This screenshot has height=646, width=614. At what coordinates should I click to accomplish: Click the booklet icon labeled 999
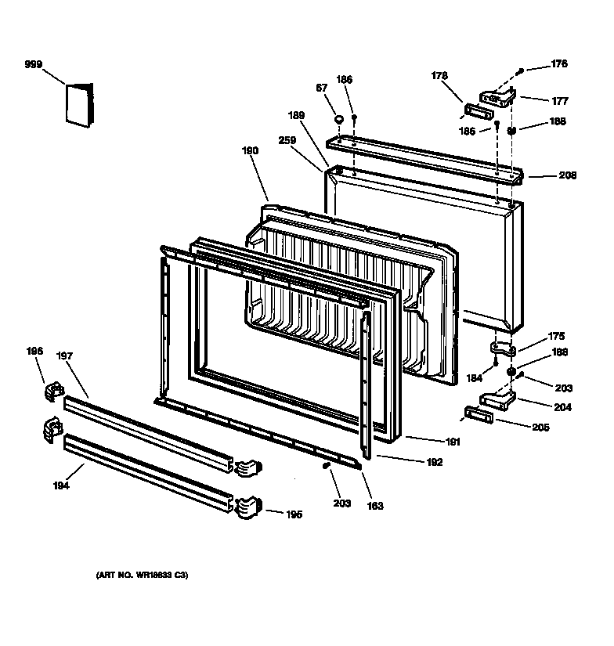[x=79, y=104]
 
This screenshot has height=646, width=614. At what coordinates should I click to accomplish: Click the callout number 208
[x=568, y=175]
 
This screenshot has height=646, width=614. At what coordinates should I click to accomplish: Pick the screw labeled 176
[x=520, y=71]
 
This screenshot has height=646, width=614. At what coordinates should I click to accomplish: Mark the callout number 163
[x=375, y=506]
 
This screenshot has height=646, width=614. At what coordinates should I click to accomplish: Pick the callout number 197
[x=64, y=355]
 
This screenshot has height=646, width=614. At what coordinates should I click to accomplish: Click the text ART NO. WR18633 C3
[x=142, y=576]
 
